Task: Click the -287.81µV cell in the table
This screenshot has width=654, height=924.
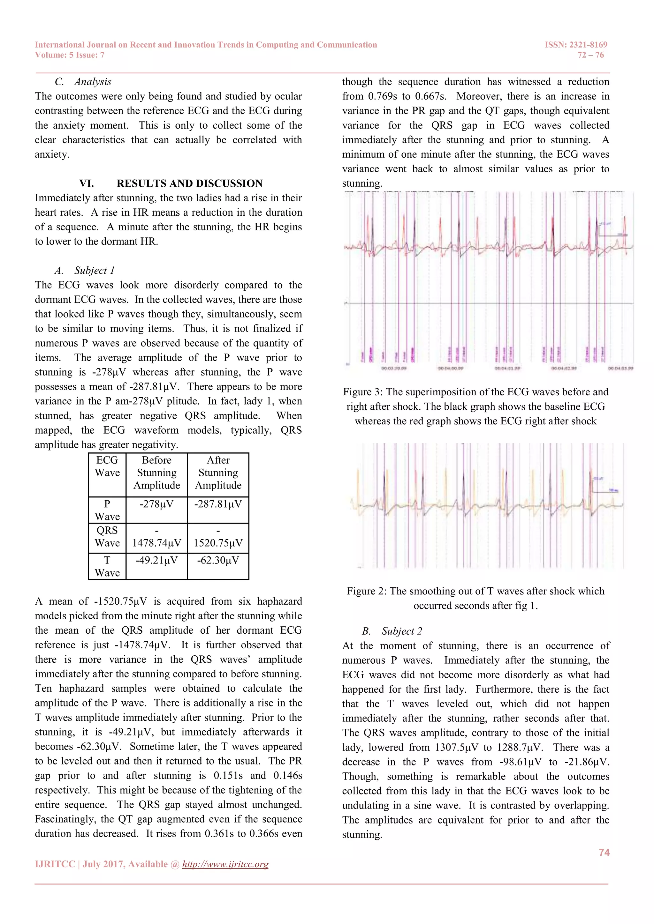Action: [x=218, y=504]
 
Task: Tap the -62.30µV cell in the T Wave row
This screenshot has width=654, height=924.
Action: [x=218, y=560]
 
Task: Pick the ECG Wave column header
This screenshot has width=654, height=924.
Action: [x=107, y=466]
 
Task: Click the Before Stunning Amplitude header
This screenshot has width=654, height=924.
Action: [x=157, y=473]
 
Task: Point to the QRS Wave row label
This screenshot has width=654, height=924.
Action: [x=107, y=536]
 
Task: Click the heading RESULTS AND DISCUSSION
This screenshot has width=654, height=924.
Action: [x=189, y=183]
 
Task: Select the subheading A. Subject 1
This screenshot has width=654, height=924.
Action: [x=85, y=271]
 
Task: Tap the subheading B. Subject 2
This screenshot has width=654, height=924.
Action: [x=392, y=631]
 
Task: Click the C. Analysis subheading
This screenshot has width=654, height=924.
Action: [x=83, y=82]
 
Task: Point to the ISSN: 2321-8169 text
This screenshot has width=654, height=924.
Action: [x=576, y=45]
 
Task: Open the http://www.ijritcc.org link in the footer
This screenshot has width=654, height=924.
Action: [x=225, y=864]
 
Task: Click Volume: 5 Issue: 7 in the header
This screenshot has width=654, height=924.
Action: [x=70, y=55]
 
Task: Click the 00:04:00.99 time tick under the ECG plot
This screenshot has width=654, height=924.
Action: [x=451, y=368]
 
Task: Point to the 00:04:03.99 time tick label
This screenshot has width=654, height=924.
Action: [x=620, y=368]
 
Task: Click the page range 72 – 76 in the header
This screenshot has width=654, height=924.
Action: [x=590, y=55]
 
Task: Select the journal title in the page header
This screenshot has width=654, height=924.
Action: [x=206, y=45]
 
